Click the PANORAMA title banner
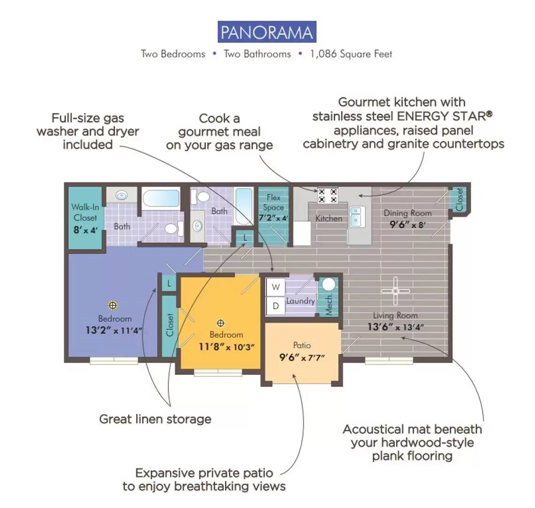pyautogui.click(x=267, y=32)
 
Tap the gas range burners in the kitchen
pyautogui.click(x=327, y=195)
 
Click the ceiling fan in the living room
pyautogui.click(x=395, y=291)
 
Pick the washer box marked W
pyautogui.click(x=276, y=287)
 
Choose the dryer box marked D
pyautogui.click(x=276, y=306)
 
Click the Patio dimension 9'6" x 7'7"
pyautogui.click(x=302, y=357)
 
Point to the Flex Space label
pyautogui.click(x=273, y=202)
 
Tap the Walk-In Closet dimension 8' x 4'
pyautogui.click(x=85, y=230)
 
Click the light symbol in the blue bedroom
pyautogui.click(x=113, y=305)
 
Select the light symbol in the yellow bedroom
pyautogui.click(x=221, y=323)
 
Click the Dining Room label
pyautogui.click(x=408, y=213)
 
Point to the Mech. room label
pyautogui.click(x=329, y=305)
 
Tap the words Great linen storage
pyautogui.click(x=155, y=419)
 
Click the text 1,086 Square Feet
pyautogui.click(x=351, y=54)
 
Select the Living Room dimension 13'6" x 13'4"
pyautogui.click(x=396, y=327)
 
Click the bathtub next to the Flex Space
pyautogui.click(x=244, y=206)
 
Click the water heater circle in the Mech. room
pyautogui.click(x=329, y=284)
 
